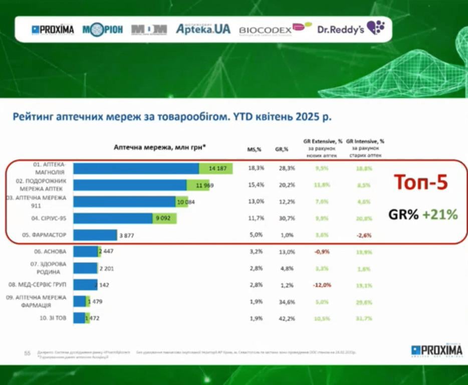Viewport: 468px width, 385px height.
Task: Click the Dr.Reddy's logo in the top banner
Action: click(350, 29)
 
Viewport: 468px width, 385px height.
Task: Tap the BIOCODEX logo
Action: click(274, 29)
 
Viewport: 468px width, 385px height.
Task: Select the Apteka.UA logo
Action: click(203, 29)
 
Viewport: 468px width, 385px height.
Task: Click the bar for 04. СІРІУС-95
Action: click(125, 219)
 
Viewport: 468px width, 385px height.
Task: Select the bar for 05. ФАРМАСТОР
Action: click(95, 235)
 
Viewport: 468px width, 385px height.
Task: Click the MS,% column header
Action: click(255, 149)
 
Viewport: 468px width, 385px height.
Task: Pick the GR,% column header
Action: click(282, 149)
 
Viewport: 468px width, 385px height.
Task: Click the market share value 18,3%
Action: click(256, 168)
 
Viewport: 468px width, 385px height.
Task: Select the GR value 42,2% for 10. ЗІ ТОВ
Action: click(283, 318)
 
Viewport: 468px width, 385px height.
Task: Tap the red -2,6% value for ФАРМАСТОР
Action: click(364, 235)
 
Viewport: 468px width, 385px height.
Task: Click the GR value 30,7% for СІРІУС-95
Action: click(283, 219)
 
